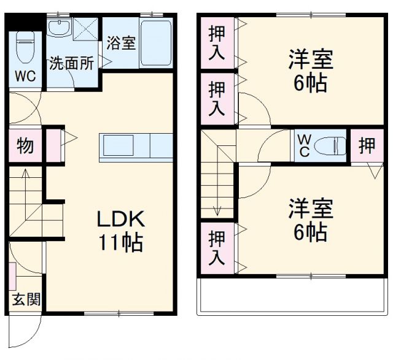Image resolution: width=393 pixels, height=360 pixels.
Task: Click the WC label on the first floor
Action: click(24, 76)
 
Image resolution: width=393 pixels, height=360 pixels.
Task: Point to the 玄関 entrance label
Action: click(26, 300)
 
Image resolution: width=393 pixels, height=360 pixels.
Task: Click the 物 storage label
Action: click(25, 146)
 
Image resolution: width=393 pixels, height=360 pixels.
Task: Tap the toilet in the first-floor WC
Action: click(25, 46)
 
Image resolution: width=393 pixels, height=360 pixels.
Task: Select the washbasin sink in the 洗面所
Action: click(60, 28)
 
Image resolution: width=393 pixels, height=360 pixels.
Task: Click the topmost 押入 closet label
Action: click(217, 42)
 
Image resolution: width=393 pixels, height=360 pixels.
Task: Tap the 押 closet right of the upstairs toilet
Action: click(367, 145)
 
